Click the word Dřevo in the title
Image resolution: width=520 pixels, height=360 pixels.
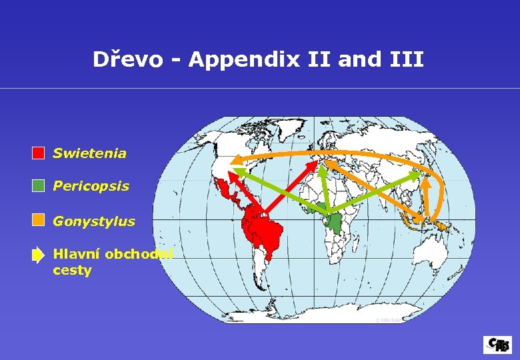[127, 60]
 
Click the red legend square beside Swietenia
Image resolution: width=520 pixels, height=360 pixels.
[39, 153]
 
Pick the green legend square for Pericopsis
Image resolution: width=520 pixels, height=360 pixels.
[39, 186]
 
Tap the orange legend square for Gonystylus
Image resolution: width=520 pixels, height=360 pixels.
[39, 219]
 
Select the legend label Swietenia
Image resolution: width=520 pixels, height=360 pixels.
[89, 153]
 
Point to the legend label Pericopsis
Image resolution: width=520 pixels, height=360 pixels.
[91, 186]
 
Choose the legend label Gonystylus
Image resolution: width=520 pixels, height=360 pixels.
[94, 221]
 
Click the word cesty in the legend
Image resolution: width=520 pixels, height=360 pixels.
[72, 271]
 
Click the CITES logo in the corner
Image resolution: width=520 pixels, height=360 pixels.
[497, 344]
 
